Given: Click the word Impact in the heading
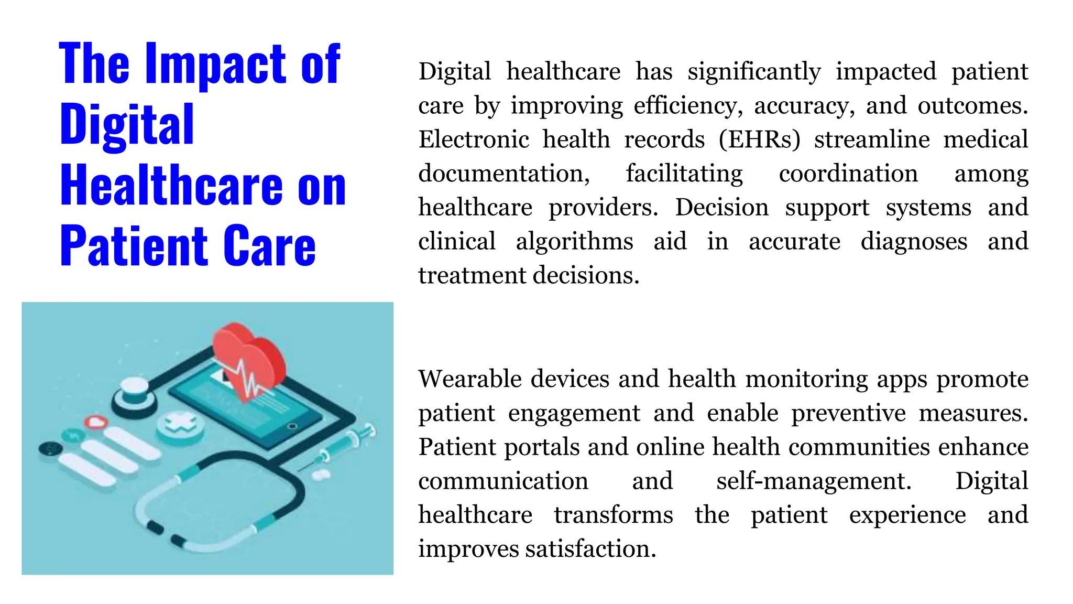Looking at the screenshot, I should [x=216, y=65].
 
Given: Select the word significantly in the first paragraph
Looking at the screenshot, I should [x=754, y=72].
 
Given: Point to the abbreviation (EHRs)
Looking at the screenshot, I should [x=759, y=140].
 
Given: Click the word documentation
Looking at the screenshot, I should [x=504, y=174].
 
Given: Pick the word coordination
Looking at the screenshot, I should [x=848, y=174].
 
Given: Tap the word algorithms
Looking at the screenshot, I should [x=574, y=242].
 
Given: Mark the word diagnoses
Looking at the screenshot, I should [x=914, y=242].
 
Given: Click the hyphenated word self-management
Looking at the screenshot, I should [x=814, y=481].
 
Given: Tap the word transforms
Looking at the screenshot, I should [x=613, y=515].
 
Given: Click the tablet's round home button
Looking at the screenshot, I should [x=292, y=426].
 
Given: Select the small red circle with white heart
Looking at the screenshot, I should [x=96, y=422].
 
